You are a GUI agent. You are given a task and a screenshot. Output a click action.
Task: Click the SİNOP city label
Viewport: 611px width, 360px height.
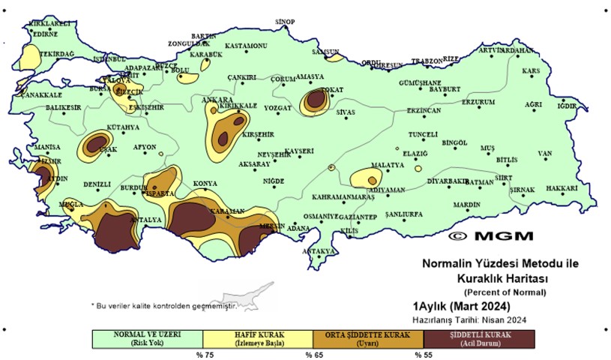pyautogui.click(x=286, y=22)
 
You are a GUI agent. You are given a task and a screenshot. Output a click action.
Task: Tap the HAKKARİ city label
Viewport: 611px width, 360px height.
pyautogui.click(x=562, y=188)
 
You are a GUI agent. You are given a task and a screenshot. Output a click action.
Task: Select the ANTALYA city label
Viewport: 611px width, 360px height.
pyautogui.click(x=146, y=220)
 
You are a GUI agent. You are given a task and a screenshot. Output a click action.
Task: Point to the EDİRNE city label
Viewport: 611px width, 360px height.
pyautogui.click(x=46, y=34)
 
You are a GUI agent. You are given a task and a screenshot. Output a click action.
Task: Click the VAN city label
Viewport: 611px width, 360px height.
pyautogui.click(x=544, y=154)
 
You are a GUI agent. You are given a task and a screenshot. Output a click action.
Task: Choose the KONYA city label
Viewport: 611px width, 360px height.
pyautogui.click(x=205, y=184)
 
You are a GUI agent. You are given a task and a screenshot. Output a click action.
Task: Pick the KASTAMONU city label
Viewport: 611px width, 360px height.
pyautogui.click(x=246, y=46)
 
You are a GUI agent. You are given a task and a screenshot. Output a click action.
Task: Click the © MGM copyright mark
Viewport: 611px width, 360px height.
pyautogui.click(x=490, y=235)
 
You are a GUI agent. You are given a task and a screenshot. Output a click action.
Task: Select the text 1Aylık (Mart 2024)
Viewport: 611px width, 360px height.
pyautogui.click(x=461, y=306)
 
